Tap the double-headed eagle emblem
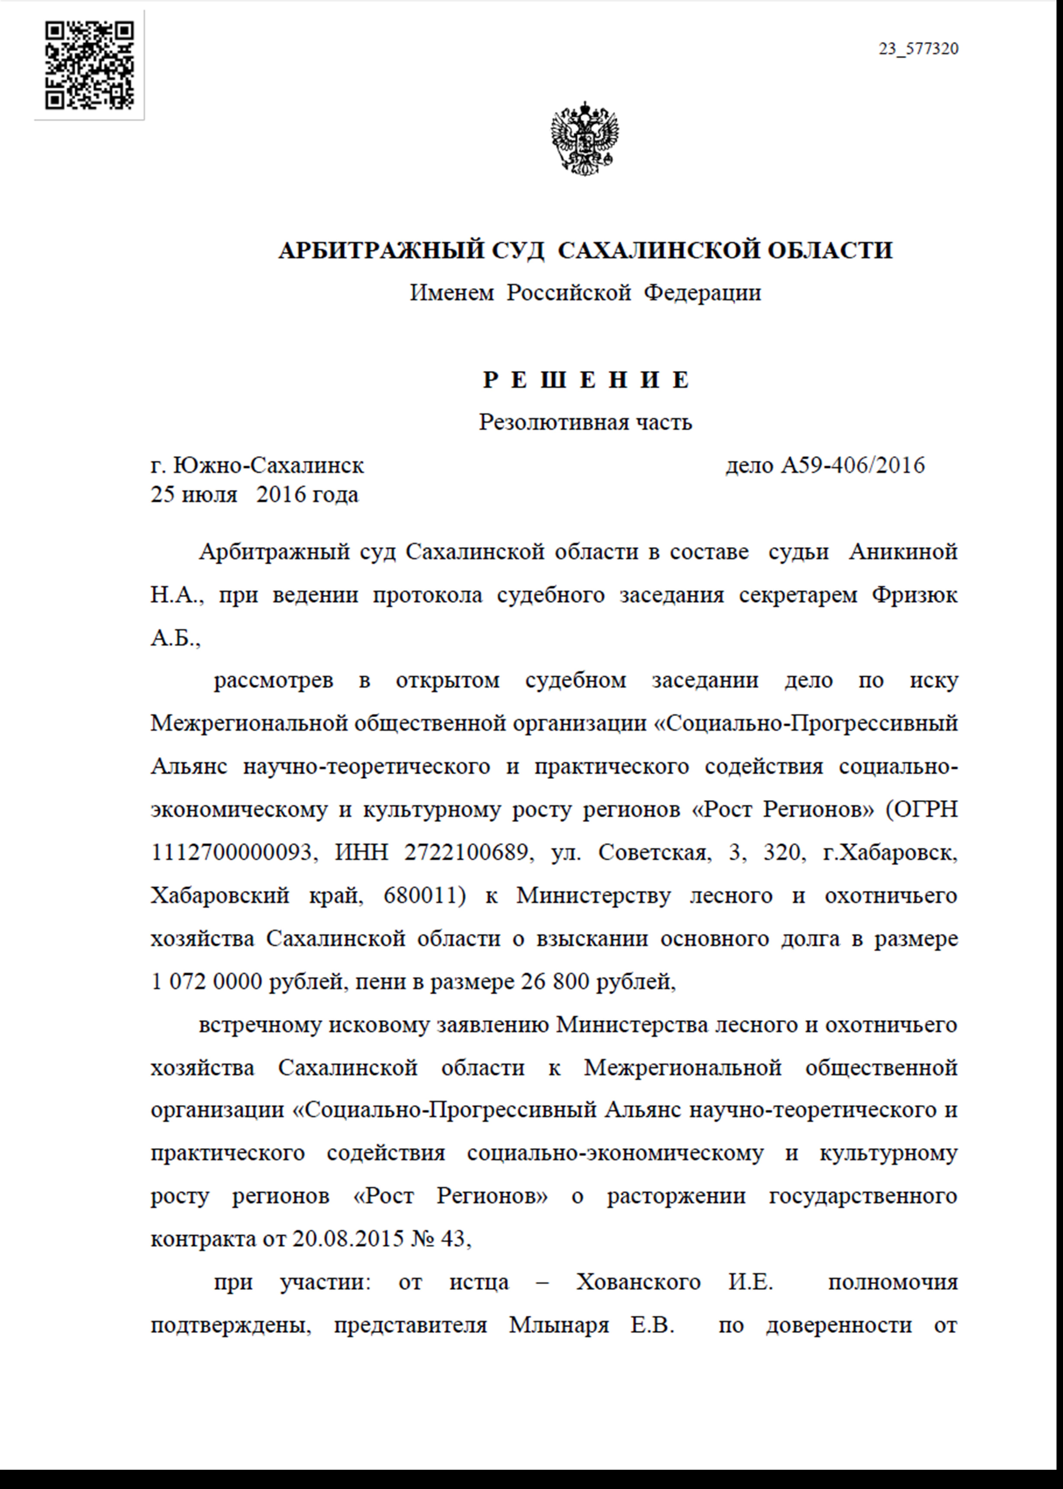[x=585, y=137]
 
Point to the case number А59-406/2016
[x=853, y=466]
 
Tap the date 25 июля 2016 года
[x=255, y=494]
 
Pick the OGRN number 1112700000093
[x=231, y=852]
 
